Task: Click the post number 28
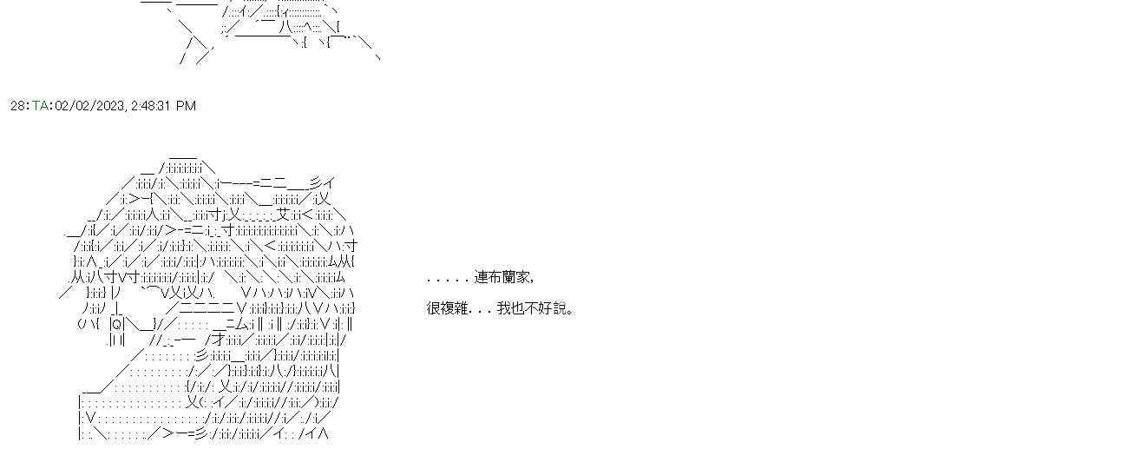pyautogui.click(x=17, y=106)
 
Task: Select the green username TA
pyautogui.click(x=40, y=106)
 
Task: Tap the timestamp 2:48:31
pyautogui.click(x=151, y=106)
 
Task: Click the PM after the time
pyautogui.click(x=187, y=106)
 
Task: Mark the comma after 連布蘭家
pyautogui.click(x=531, y=281)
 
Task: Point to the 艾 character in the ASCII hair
pyautogui.click(x=282, y=215)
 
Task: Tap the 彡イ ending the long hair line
pyautogui.click(x=322, y=183)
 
